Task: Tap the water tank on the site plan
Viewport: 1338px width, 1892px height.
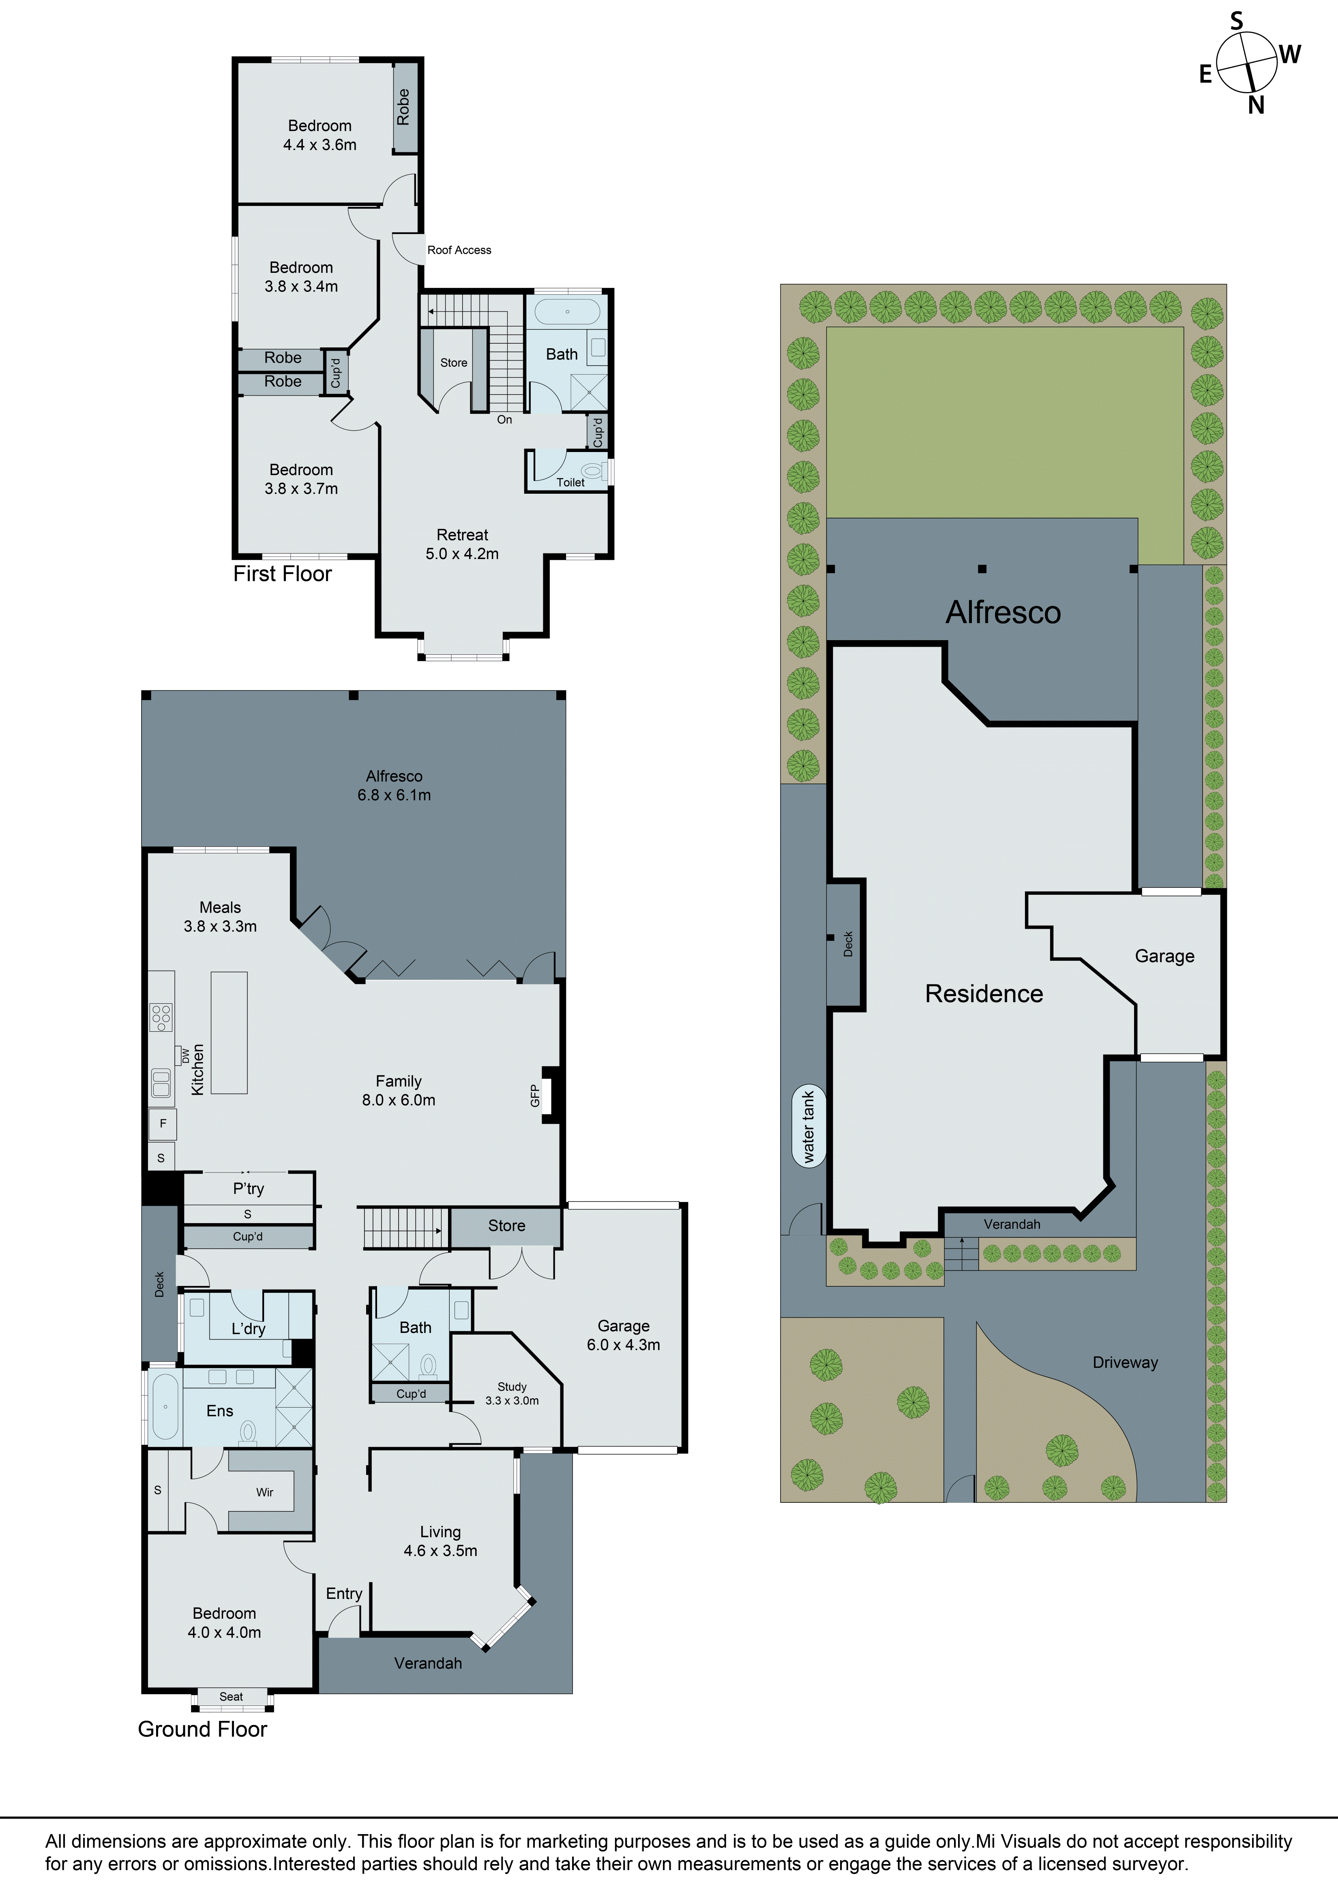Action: click(x=808, y=1126)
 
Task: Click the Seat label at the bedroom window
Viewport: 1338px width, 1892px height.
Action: click(x=231, y=1696)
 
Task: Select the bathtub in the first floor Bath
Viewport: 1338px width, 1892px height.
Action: click(x=567, y=312)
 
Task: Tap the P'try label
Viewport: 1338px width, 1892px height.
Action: click(x=248, y=1188)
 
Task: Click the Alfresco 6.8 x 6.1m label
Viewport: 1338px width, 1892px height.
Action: click(x=394, y=785)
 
